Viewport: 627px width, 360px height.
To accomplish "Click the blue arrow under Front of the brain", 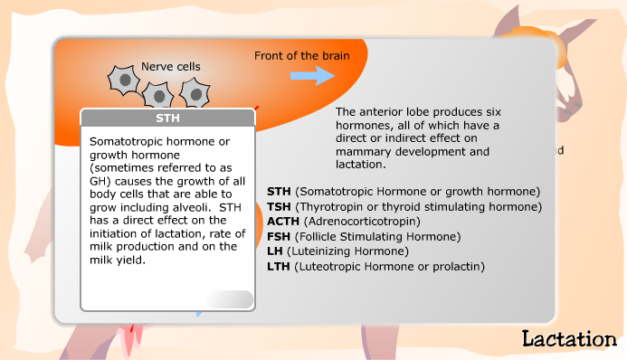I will pyautogui.click(x=312, y=76).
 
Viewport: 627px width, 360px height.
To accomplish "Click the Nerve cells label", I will pyautogui.click(x=171, y=66).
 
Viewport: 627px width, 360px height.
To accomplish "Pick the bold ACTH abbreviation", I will pyautogui.click(x=284, y=222).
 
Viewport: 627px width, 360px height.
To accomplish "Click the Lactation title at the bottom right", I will pyautogui.click(x=569, y=339).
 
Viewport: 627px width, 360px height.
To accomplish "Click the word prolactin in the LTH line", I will pyautogui.click(x=456, y=266).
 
